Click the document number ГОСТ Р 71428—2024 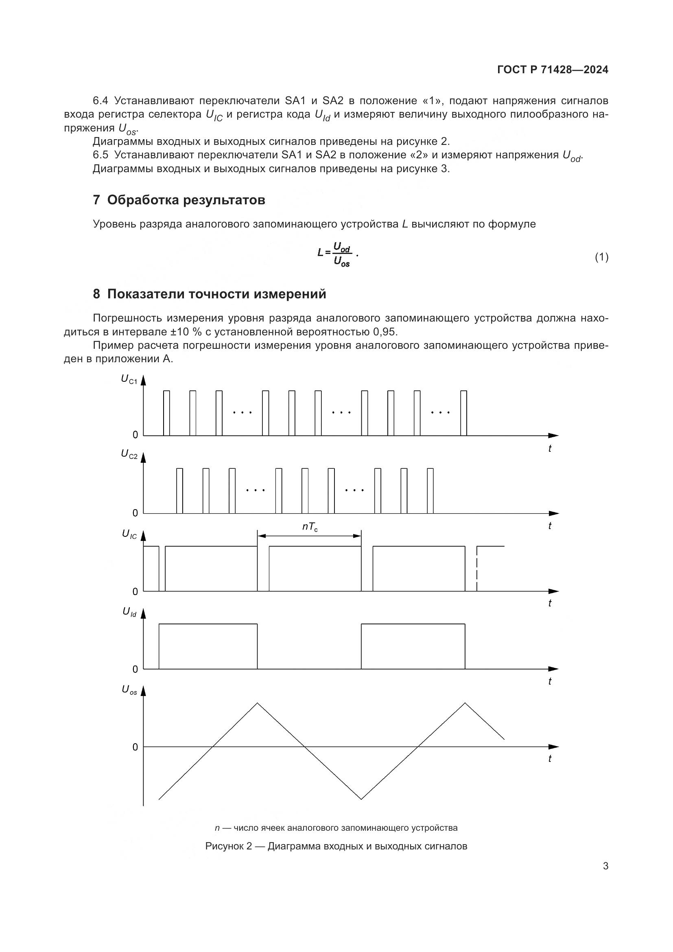tap(553, 70)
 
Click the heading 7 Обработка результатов tap(179, 200)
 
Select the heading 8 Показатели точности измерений tap(209, 294)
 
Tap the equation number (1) tap(601, 257)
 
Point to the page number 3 tap(605, 866)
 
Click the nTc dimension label tap(310, 527)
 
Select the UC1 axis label tap(129, 379)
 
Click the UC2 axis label tap(129, 455)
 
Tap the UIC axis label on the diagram tap(129, 534)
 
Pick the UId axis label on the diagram tap(129, 612)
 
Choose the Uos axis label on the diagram tap(129, 689)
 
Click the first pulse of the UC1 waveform tap(166, 413)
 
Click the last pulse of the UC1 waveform tap(464, 413)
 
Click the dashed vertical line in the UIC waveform tap(477, 569)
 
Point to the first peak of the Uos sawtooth tap(257, 703)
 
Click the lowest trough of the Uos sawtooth tap(361, 799)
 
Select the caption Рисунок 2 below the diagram tap(336, 846)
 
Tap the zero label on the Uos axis tap(135, 747)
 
